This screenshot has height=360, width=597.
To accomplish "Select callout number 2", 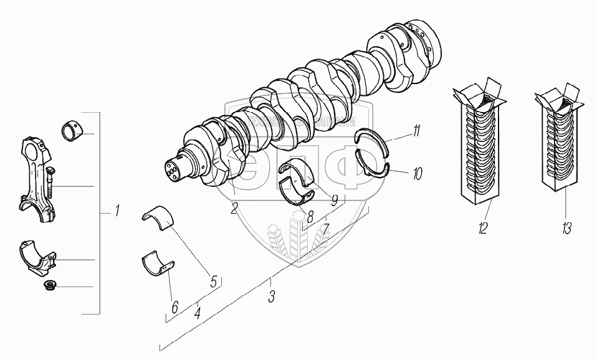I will (x=234, y=209).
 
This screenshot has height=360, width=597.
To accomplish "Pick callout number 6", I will (x=174, y=306).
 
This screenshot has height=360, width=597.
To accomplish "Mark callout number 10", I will (x=417, y=173).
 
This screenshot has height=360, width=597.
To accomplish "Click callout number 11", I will (x=416, y=131).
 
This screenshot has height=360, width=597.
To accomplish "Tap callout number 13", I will (x=566, y=229).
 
